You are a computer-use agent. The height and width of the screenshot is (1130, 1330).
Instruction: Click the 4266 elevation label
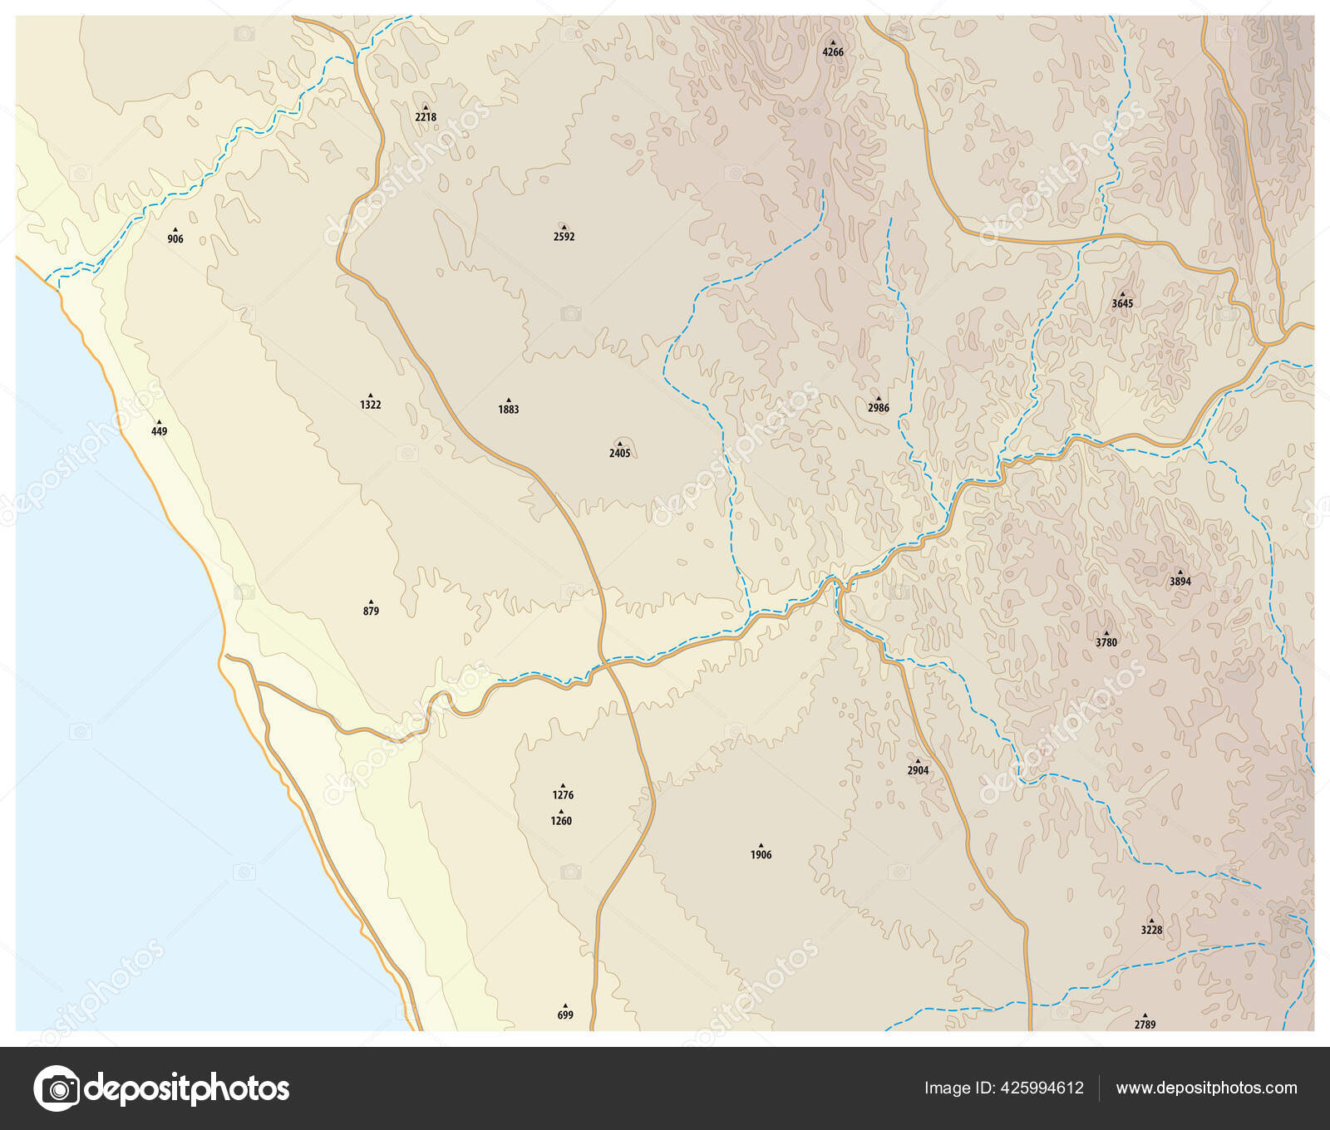tap(833, 52)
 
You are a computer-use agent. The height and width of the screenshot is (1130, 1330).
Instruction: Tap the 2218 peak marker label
tap(426, 117)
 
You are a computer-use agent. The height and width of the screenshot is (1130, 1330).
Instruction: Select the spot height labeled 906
tap(175, 238)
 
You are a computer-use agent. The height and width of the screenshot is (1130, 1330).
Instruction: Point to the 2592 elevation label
tap(564, 236)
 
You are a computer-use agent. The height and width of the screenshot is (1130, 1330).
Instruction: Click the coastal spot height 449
tap(159, 431)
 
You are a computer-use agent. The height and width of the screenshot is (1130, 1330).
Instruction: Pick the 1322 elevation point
tap(371, 405)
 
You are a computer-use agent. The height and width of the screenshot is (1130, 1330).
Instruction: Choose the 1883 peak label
tap(509, 409)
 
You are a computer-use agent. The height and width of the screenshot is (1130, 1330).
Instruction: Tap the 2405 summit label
tap(619, 453)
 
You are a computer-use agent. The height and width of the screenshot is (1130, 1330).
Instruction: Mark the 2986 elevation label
tap(879, 408)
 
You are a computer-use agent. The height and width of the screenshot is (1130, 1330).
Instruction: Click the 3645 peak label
tap(1122, 303)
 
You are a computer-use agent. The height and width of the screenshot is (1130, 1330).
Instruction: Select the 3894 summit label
tap(1180, 582)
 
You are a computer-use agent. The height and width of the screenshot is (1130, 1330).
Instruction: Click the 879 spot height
tap(371, 611)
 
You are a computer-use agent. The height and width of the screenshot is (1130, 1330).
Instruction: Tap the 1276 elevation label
tap(563, 794)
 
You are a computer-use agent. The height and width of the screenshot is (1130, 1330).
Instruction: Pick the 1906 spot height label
tap(761, 854)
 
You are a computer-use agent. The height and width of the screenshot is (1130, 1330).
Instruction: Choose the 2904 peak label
tap(918, 770)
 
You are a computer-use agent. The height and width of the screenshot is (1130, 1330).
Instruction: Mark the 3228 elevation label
tap(1151, 930)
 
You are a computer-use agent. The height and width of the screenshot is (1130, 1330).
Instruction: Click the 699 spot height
tap(565, 1015)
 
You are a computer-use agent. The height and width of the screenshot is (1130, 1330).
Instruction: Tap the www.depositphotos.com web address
tap(1206, 1088)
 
